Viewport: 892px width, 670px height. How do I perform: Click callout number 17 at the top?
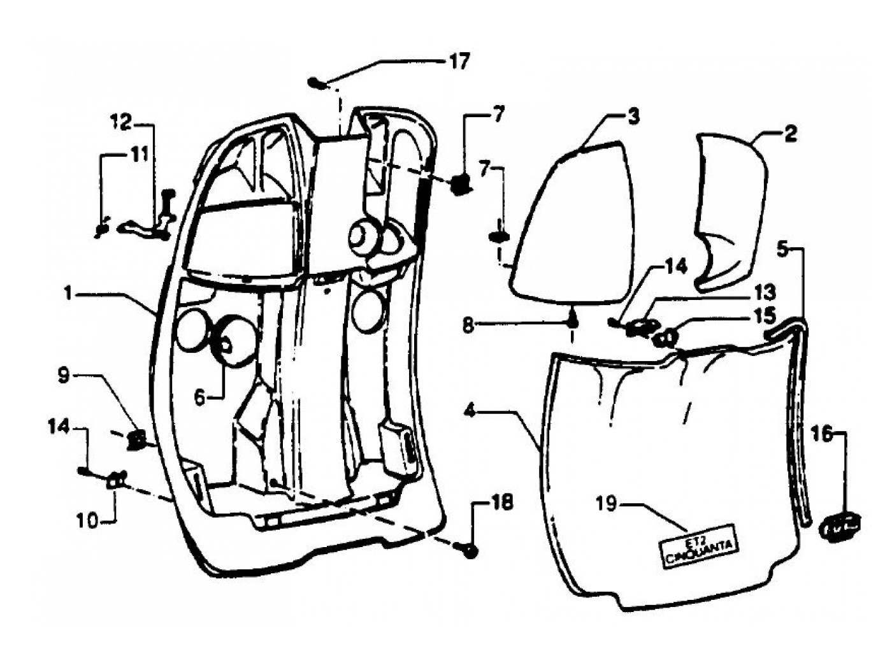coord(459,62)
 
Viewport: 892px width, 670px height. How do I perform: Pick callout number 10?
coord(89,521)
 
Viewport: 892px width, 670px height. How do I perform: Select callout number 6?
coord(199,397)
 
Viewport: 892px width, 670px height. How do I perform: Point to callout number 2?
coord(790,133)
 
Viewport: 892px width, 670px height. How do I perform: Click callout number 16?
coord(823,434)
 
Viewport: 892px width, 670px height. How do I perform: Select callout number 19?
coord(607,504)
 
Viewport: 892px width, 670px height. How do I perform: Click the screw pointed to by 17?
coord(317,82)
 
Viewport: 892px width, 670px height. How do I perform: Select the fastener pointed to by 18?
coord(470,550)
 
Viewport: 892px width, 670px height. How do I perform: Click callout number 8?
coord(468,325)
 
